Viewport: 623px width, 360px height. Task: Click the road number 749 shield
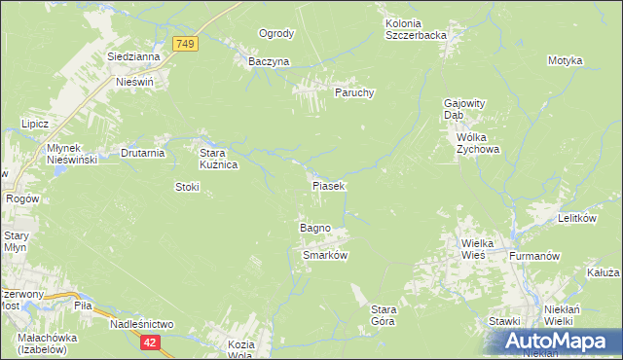[186, 44]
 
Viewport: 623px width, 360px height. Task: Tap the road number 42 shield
[150, 342]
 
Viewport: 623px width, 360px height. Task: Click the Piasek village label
[328, 185]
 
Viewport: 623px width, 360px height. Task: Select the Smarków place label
[325, 255]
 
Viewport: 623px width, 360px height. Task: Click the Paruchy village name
[355, 92]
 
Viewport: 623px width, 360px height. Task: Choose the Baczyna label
[269, 61]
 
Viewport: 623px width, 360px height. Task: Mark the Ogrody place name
[275, 34]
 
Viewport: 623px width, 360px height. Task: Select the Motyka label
[565, 61]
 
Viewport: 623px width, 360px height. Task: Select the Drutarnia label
[142, 153]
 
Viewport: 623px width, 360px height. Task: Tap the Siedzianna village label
[134, 57]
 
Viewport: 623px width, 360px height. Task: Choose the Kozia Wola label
[240, 350]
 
